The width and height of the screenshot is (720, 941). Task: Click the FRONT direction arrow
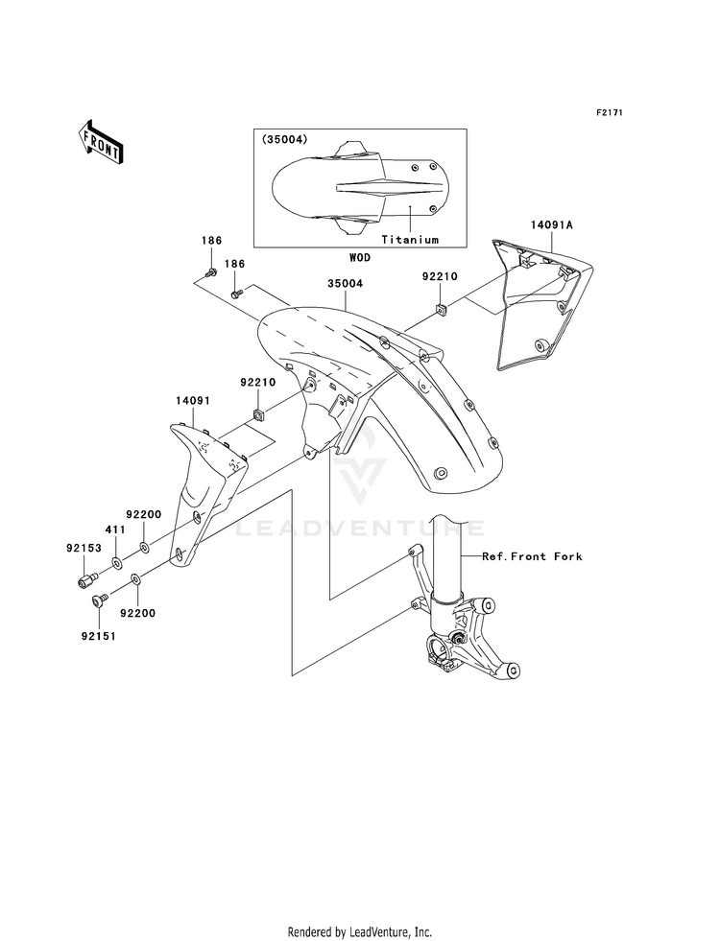pos(100,140)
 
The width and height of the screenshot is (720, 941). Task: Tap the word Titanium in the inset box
pos(410,240)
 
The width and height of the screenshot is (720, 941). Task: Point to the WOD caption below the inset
pos(360,257)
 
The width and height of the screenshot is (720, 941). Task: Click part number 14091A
pos(551,225)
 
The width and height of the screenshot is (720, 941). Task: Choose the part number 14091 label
pos(193,400)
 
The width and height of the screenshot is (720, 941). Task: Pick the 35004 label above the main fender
pos(345,283)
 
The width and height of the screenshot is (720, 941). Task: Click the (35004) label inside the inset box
pos(284,139)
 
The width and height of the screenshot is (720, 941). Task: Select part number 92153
pos(84,548)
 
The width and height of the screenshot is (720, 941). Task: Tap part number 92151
pos(99,636)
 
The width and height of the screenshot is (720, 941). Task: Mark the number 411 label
pos(114,529)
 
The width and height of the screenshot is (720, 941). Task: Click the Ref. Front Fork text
pos(532,556)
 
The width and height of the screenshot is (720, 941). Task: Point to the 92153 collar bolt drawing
pos(87,580)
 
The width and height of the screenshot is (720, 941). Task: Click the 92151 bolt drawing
pos(100,598)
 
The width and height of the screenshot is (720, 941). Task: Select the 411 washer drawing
pos(116,563)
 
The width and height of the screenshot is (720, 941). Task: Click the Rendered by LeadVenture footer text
pos(360,932)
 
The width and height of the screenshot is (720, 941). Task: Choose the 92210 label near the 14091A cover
pos(440,276)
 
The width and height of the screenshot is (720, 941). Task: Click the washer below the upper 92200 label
pos(144,547)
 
